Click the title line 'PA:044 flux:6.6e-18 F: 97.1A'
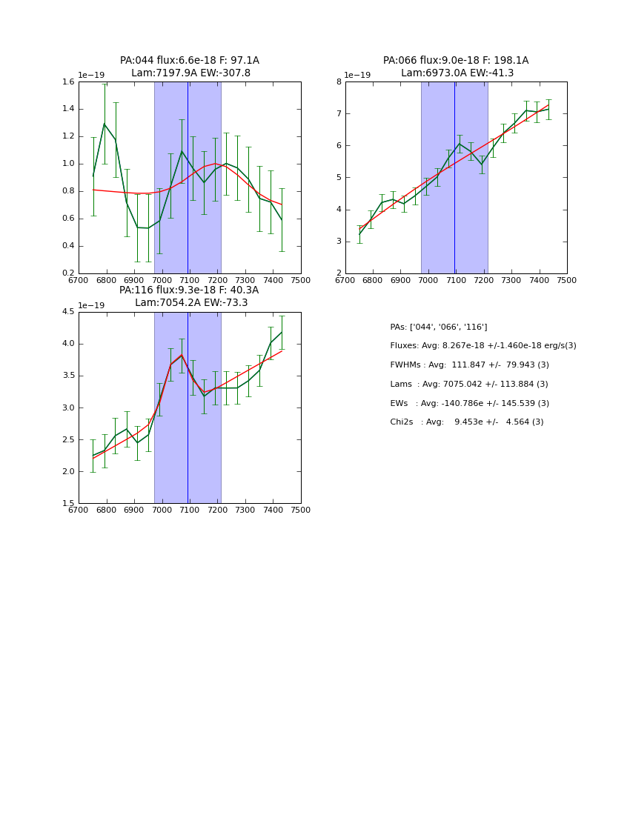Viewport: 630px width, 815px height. [190, 61]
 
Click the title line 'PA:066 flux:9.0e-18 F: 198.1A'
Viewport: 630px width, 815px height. [456, 61]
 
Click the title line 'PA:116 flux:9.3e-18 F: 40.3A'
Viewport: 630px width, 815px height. [189, 290]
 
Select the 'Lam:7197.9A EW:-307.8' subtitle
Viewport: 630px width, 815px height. [190, 73]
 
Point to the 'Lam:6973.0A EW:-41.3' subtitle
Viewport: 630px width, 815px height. [457, 73]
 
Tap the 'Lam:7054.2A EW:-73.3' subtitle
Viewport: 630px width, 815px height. [191, 303]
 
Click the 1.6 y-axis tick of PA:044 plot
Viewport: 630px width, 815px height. [68, 82]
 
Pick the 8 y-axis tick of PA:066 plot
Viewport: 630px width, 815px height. [339, 82]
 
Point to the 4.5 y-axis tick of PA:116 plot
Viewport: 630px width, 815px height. [68, 312]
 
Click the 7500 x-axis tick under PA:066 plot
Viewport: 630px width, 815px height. [567, 280]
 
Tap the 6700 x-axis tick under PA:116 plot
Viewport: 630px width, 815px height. [79, 510]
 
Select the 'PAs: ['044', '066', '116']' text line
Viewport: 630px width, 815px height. [439, 327]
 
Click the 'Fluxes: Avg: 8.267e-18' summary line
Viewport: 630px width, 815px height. [483, 346]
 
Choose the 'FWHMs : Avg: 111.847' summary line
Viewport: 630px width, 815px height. [470, 365]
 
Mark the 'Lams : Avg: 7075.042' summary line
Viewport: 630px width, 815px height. [469, 385]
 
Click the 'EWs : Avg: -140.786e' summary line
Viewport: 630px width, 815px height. [470, 404]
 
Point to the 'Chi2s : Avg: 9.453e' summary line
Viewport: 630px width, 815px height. [467, 422]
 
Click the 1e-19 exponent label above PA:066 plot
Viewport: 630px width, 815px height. [358, 76]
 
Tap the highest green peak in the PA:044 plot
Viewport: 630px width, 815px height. [104, 124]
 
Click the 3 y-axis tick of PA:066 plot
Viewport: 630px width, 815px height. [339, 242]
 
